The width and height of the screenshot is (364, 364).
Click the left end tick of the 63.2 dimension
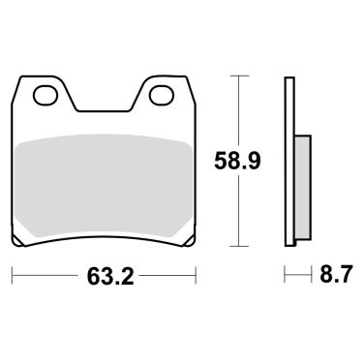point(13,277)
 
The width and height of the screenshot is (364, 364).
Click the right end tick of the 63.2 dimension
point(197,277)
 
